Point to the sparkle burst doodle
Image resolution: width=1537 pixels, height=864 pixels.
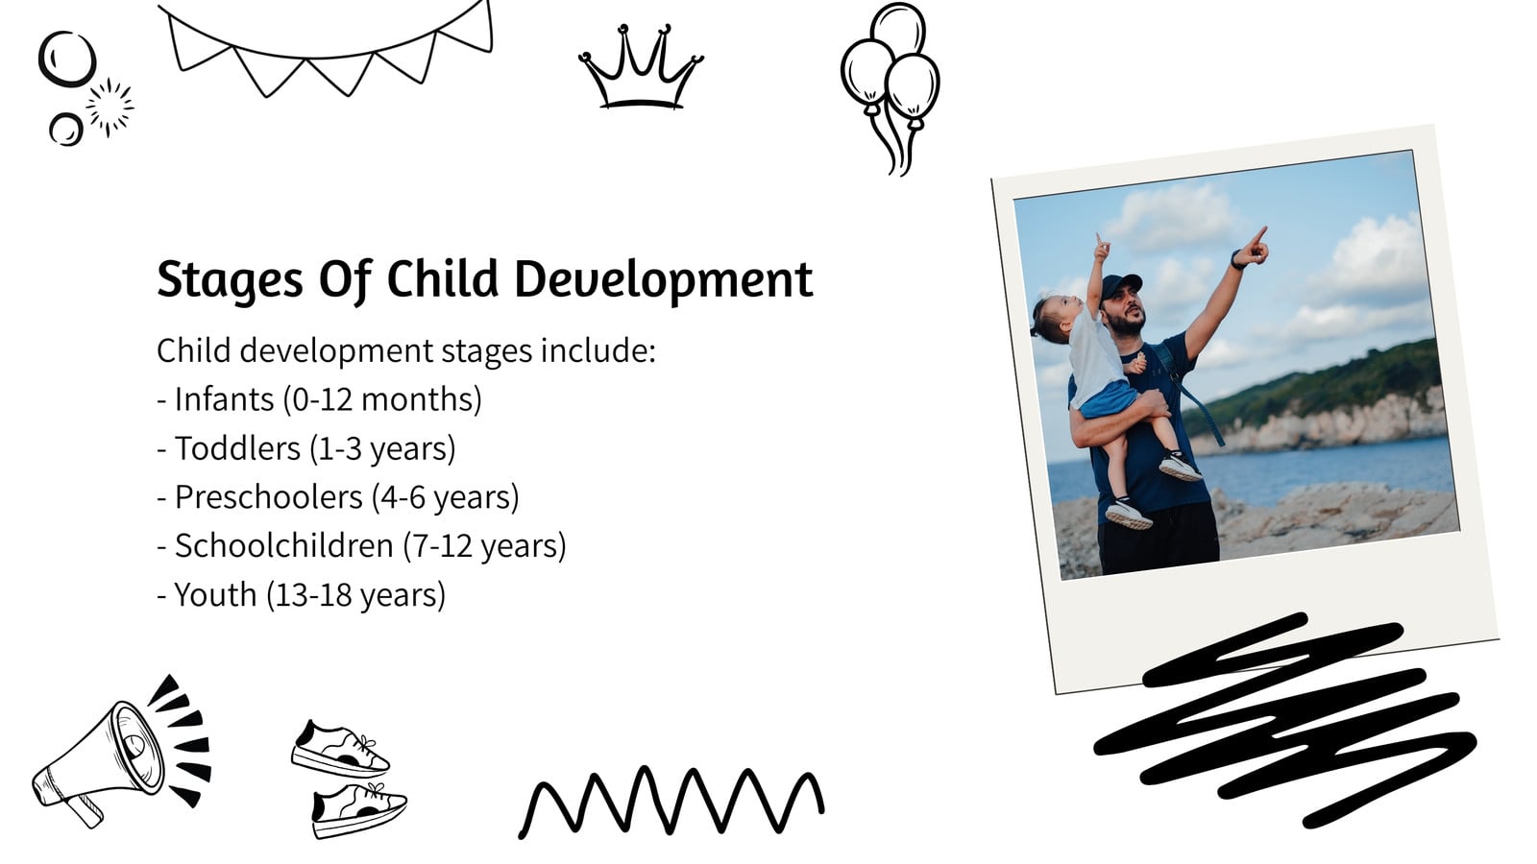click(110, 107)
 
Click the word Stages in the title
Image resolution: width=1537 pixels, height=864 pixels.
click(230, 279)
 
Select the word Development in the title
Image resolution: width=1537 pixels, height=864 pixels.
click(664, 278)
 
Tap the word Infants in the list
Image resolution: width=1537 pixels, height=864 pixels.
click(225, 399)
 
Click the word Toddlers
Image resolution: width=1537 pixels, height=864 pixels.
click(237, 448)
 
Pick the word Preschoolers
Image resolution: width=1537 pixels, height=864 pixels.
click(268, 497)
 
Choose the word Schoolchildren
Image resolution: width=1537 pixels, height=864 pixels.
click(284, 546)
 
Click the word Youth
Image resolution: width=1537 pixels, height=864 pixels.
click(215, 594)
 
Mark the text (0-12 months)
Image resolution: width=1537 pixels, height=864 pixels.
click(383, 399)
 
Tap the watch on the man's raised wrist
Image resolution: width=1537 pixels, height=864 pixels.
click(1235, 260)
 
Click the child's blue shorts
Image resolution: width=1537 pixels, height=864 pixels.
click(1110, 398)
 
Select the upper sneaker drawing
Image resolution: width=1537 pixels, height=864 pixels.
click(340, 748)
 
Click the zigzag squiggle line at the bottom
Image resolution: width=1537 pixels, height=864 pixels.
click(671, 801)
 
